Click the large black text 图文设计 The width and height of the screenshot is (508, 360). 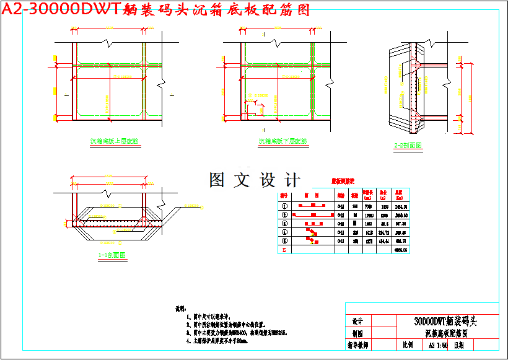pyautogui.click(x=254, y=180)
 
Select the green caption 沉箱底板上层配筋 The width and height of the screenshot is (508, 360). pyautogui.click(x=115, y=141)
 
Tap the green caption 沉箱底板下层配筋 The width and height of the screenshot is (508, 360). pyautogui.click(x=282, y=141)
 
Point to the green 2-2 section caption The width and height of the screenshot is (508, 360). pyautogui.click(x=408, y=146)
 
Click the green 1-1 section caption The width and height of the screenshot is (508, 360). pyautogui.click(x=112, y=255)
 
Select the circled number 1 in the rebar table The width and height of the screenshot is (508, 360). pyautogui.click(x=284, y=206)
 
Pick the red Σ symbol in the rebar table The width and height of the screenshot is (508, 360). pyautogui.click(x=284, y=250)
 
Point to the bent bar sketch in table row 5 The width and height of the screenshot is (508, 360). pyautogui.click(x=311, y=240)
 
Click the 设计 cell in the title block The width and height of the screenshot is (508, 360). pyautogui.click(x=357, y=322)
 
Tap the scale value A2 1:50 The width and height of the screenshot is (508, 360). pyautogui.click(x=437, y=345)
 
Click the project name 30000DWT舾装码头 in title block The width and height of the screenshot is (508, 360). pyautogui.click(x=445, y=322)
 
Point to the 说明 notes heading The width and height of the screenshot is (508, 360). pyautogui.click(x=180, y=308)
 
